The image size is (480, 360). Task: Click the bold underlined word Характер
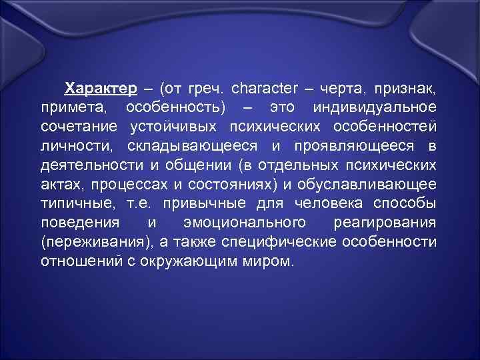[x=100, y=88]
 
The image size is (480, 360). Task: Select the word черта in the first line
[x=347, y=88]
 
